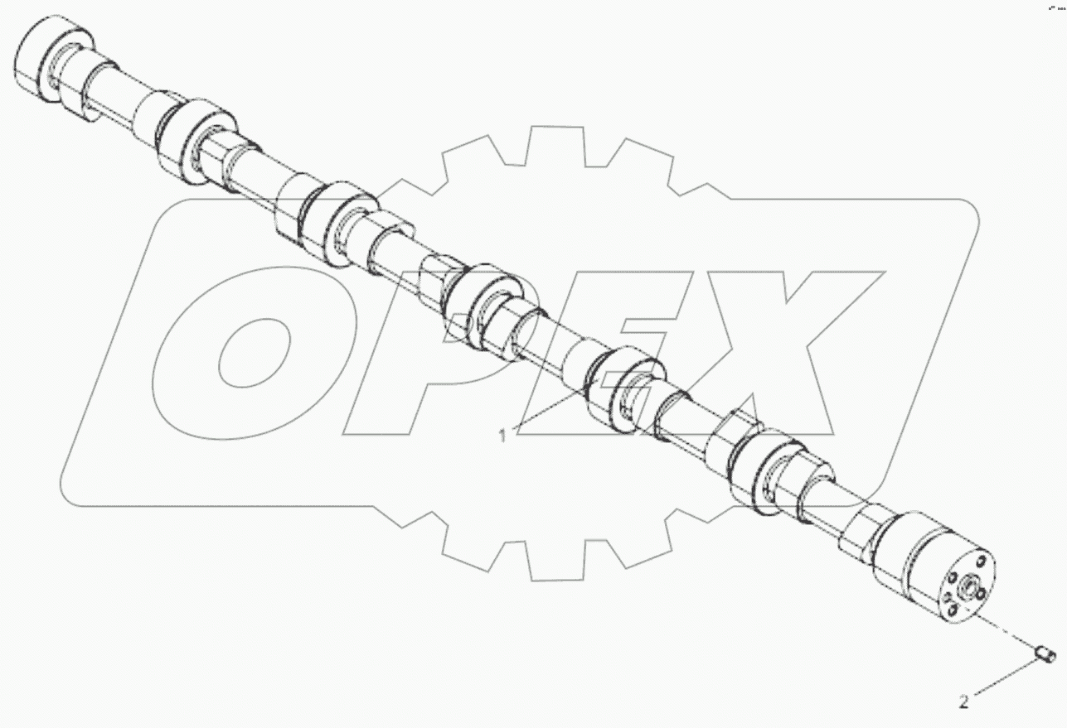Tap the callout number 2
[x=963, y=702]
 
